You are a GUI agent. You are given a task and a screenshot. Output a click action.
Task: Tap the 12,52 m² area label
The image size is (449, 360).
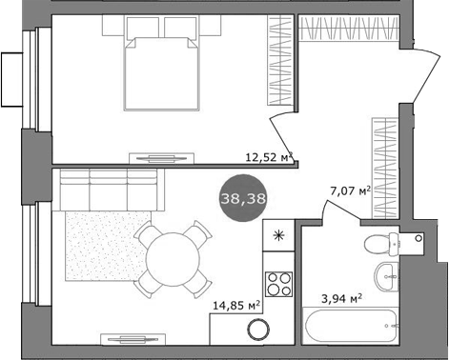pos(268,158)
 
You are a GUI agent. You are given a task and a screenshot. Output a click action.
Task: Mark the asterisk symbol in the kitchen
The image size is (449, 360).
pos(279,236)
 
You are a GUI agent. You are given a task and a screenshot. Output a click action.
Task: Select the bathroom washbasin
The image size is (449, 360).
pos(387,277)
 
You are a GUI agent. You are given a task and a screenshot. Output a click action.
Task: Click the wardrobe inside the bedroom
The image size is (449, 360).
pos(276,62)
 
